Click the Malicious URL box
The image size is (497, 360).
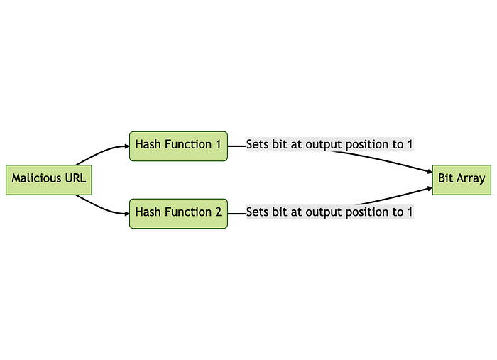pyautogui.click(x=49, y=179)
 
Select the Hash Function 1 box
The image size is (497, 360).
pyautogui.click(x=178, y=146)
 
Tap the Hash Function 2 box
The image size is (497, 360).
pyautogui.click(x=178, y=213)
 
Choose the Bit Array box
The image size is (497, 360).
pyautogui.click(x=461, y=179)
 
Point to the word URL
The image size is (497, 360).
pyautogui.click(x=75, y=179)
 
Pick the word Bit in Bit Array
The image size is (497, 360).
pyautogui.click(x=446, y=179)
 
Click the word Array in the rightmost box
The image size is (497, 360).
pyautogui.click(x=471, y=179)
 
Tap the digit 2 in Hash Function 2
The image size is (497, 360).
pyautogui.click(x=218, y=212)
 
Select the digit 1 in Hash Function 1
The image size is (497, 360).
pyautogui.click(x=218, y=145)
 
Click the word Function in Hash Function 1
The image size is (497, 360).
pyautogui.click(x=188, y=145)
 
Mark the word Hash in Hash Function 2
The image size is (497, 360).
pyautogui.click(x=148, y=212)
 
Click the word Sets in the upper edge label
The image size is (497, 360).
pyautogui.click(x=258, y=145)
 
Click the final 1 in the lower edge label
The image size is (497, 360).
pyautogui.click(x=410, y=212)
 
